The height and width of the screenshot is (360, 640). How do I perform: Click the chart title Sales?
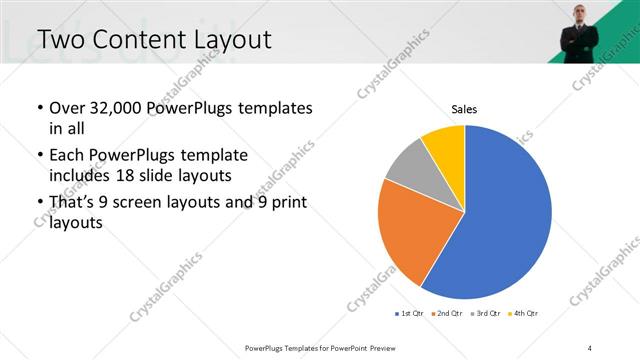[x=464, y=109]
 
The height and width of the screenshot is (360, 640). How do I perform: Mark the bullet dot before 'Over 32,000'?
[x=39, y=108]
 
